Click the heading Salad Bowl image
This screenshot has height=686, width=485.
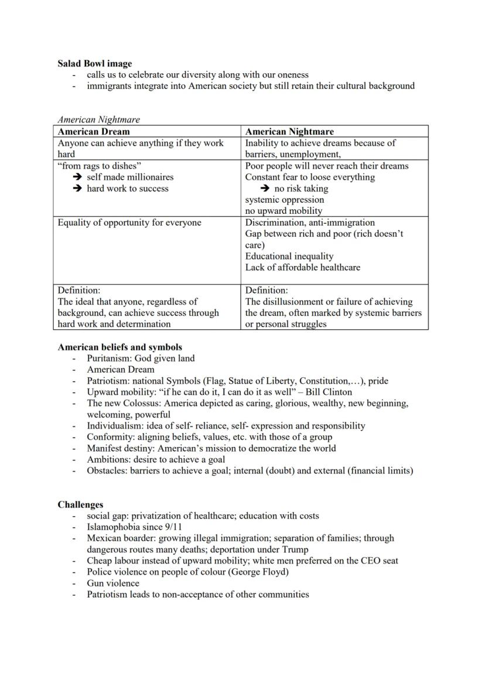[94, 63]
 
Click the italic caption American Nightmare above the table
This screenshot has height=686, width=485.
[98, 120]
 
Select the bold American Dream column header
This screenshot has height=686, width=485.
[94, 132]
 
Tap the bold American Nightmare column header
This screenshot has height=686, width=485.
[289, 132]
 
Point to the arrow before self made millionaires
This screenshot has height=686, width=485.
[77, 177]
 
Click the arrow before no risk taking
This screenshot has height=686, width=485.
[265, 189]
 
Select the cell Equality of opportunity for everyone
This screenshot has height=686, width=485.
[129, 223]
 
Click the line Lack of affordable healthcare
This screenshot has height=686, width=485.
[302, 267]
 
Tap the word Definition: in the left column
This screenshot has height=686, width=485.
[79, 290]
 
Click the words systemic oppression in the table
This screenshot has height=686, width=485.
[284, 200]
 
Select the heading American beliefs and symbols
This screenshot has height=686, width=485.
[119, 347]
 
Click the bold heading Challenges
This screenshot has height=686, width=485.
[80, 504]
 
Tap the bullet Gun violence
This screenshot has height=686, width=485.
[113, 583]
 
